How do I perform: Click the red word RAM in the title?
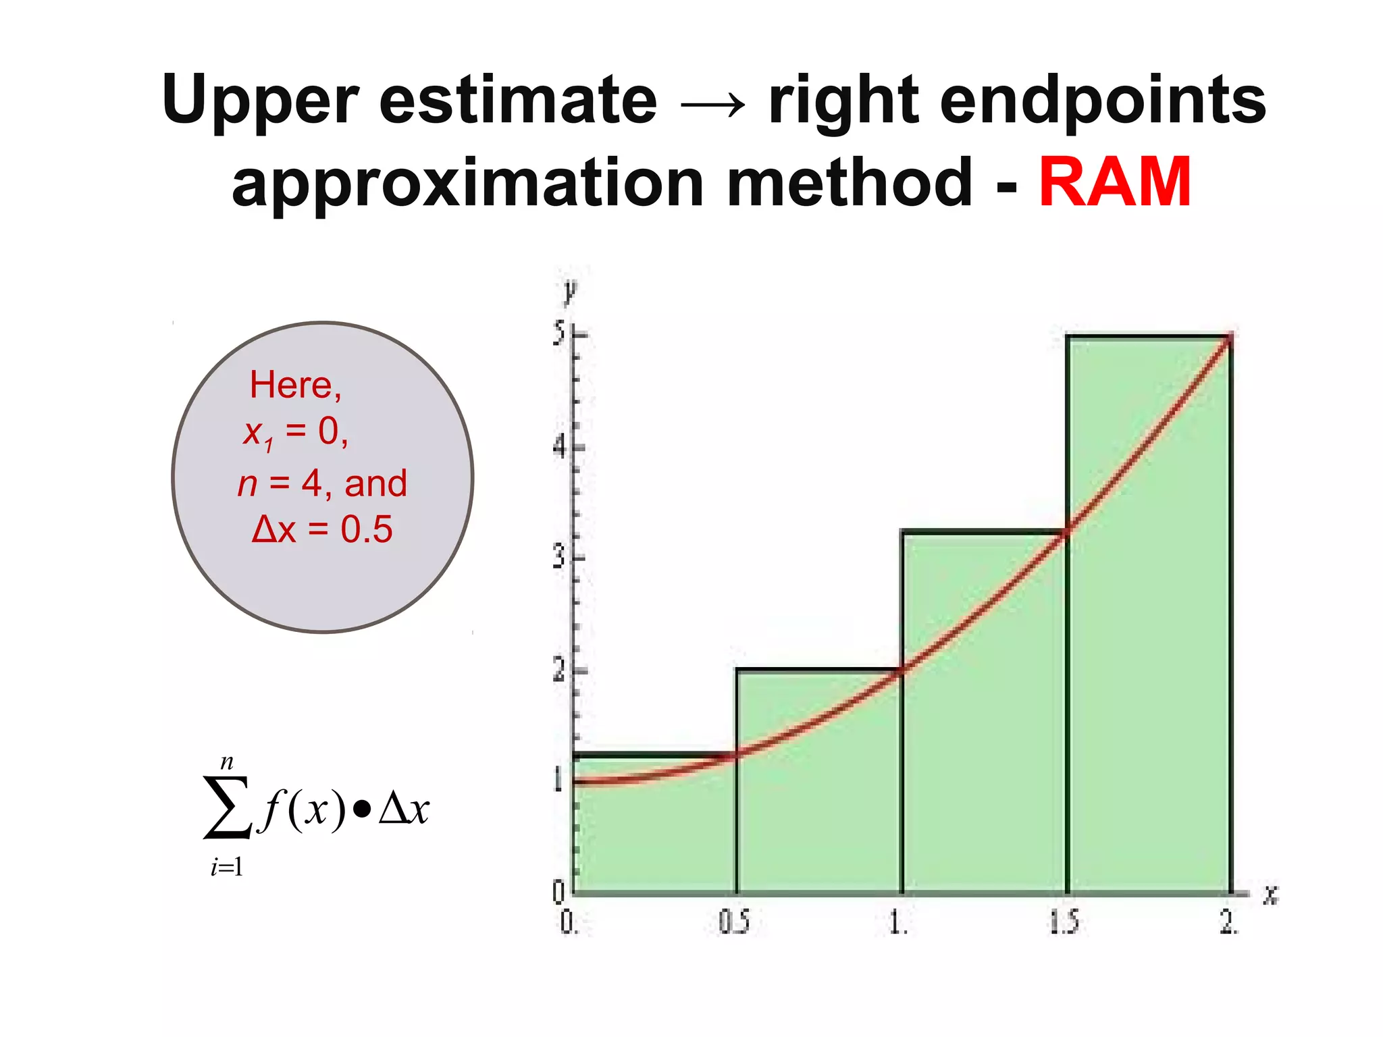coord(1114,182)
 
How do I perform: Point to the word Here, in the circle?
coord(296,385)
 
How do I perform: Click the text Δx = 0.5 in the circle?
coord(321,529)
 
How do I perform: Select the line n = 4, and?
coord(322,483)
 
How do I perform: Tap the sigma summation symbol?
coord(228,808)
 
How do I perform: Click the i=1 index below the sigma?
coord(226,867)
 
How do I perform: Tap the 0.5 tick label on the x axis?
coord(733,922)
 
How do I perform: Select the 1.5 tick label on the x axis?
coord(1064,922)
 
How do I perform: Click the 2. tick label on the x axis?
coord(1228,922)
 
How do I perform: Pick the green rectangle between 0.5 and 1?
coord(818,810)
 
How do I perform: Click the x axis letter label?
coord(1271,895)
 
